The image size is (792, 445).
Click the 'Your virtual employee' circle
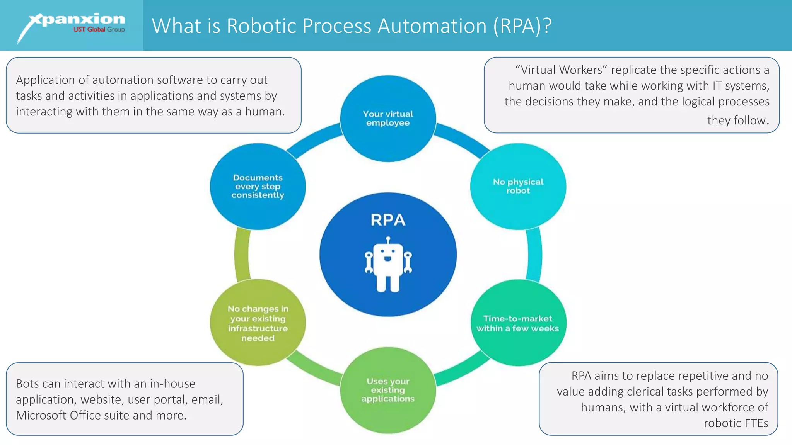point(388,119)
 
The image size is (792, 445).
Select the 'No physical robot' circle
point(518,186)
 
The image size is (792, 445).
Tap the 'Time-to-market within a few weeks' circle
point(518,323)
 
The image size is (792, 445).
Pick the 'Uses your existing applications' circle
point(388,390)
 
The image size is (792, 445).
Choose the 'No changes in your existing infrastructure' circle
point(258,323)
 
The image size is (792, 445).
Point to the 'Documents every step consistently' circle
point(258,186)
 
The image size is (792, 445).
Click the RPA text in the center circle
point(388,220)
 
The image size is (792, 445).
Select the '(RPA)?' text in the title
point(522,26)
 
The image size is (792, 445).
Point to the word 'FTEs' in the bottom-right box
point(755,423)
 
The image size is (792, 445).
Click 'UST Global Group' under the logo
point(99,30)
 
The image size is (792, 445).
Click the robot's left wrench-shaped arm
point(369,262)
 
